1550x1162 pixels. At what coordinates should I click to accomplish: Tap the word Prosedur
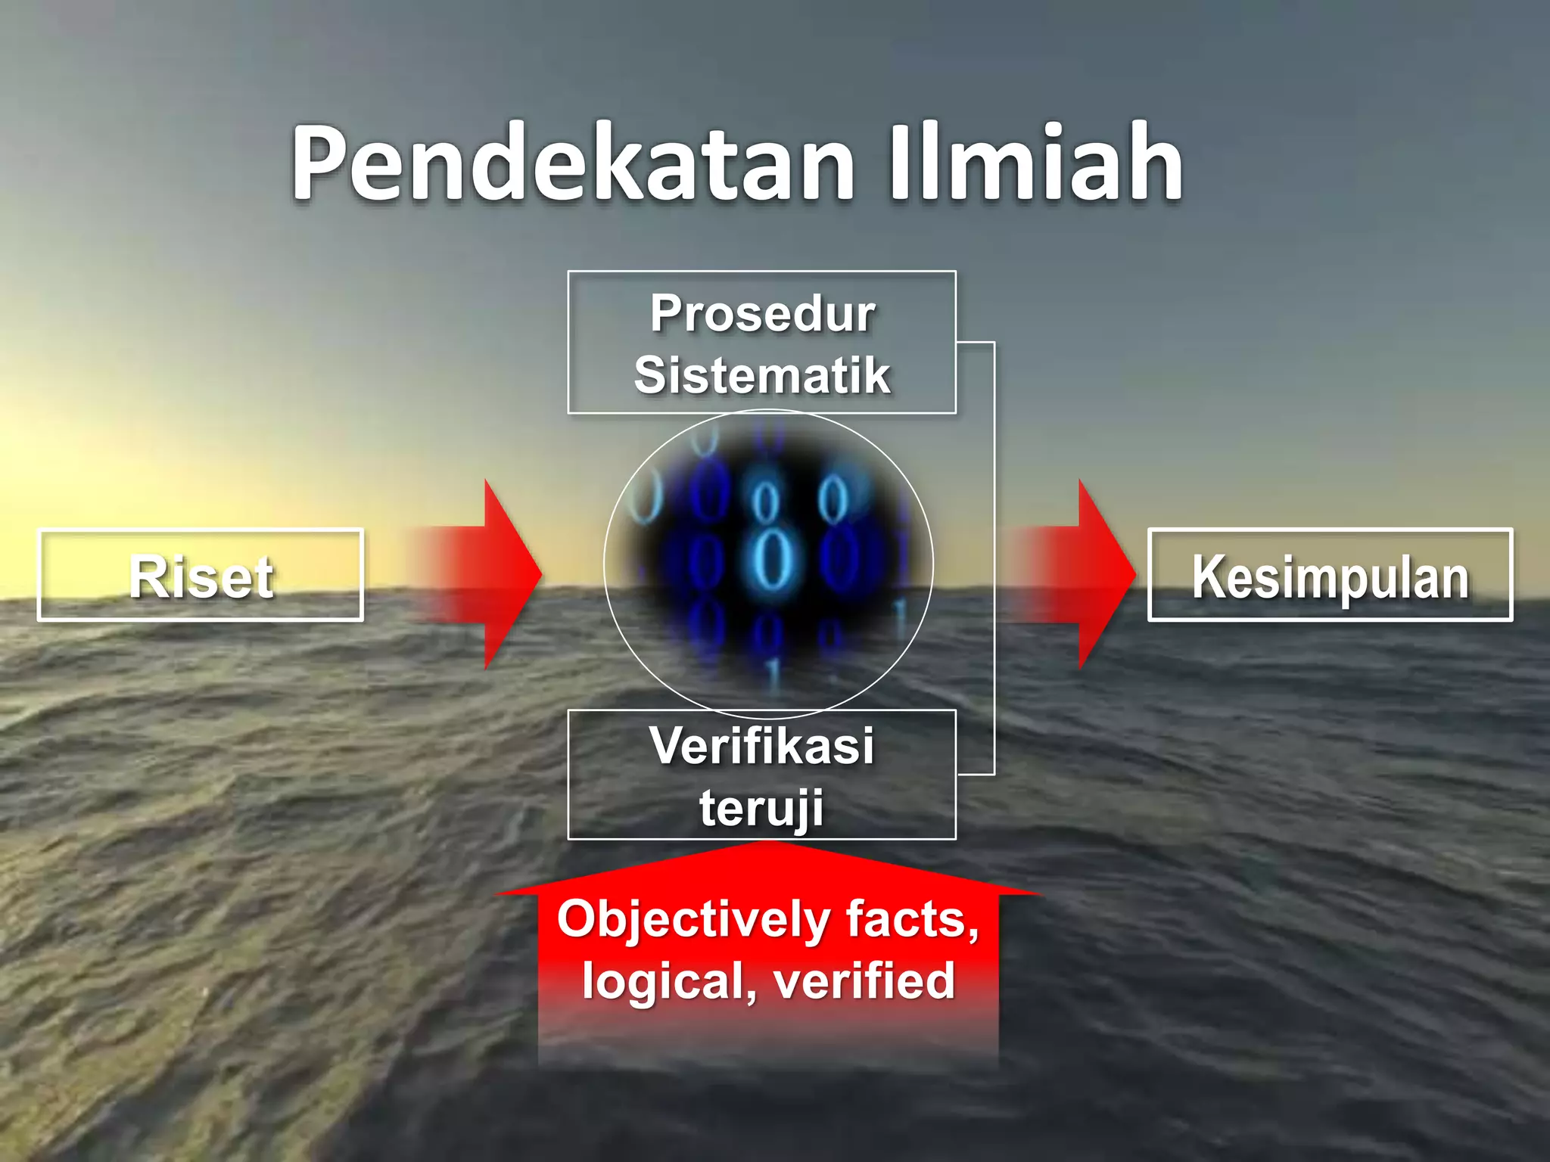coord(762,314)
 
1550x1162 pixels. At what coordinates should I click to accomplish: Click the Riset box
coord(201,576)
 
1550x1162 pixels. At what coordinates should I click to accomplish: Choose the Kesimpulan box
coord(1330,576)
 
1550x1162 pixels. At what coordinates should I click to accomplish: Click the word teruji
coord(762,809)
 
